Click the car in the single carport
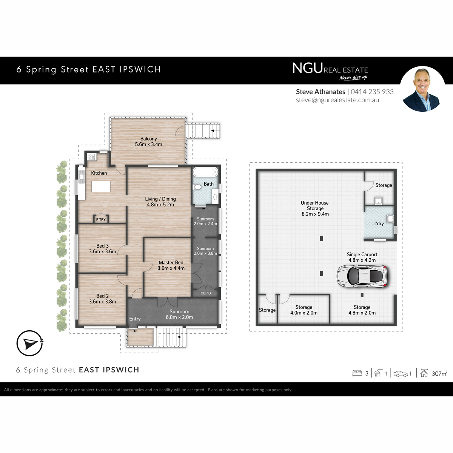pyautogui.click(x=362, y=276)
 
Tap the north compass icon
pyautogui.click(x=29, y=343)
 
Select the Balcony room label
pyautogui.click(x=149, y=139)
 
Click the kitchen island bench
pyautogui.click(x=101, y=186)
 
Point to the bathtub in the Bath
pyautogui.click(x=205, y=172)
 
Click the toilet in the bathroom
pyautogui.click(x=197, y=187)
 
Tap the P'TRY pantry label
pyautogui.click(x=101, y=220)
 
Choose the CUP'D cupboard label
pyautogui.click(x=206, y=293)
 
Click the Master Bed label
pyautogui.click(x=171, y=263)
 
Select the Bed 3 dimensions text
pyautogui.click(x=103, y=251)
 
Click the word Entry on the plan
pyautogui.click(x=135, y=319)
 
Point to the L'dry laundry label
pyautogui.click(x=379, y=223)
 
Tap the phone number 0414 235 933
pyautogui.click(x=372, y=92)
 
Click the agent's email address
pyautogui.click(x=337, y=100)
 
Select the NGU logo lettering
pyautogui.click(x=307, y=68)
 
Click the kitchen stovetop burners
pyautogui.click(x=92, y=157)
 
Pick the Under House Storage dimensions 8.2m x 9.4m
pyautogui.click(x=315, y=214)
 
